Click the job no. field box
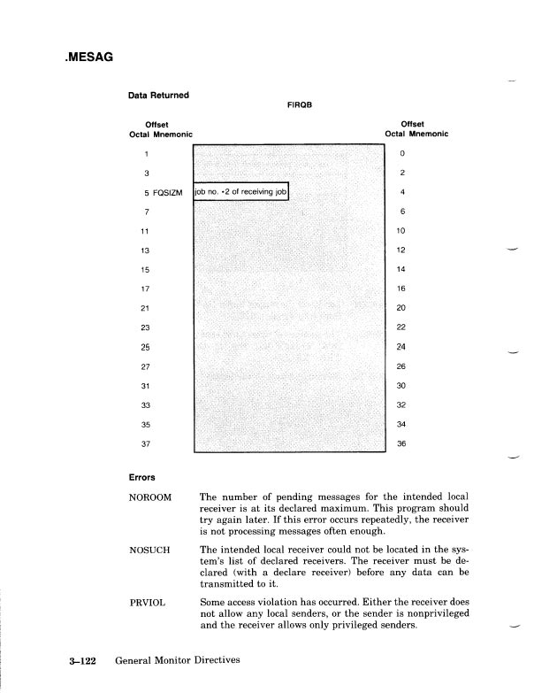241,191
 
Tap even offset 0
401,152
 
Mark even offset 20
401,308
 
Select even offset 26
401,366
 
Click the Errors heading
144,477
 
